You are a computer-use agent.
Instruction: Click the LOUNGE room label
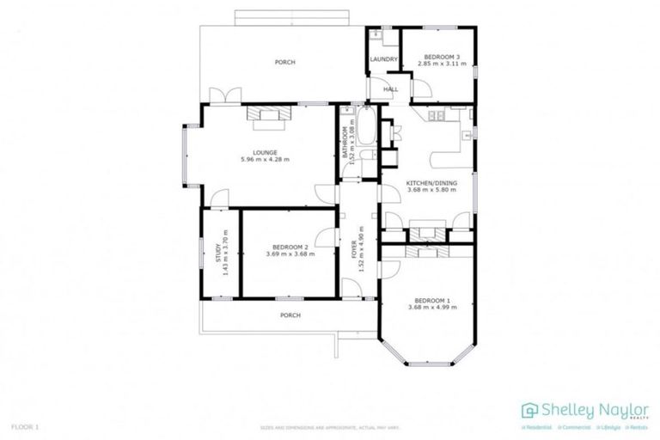click(265, 152)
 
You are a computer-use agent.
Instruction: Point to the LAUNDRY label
click(383, 59)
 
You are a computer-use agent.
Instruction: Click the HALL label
click(390, 89)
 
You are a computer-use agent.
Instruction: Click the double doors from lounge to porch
click(229, 96)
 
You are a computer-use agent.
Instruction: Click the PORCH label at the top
click(284, 63)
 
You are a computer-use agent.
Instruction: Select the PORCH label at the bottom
click(290, 315)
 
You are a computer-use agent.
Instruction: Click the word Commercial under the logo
click(570, 427)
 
